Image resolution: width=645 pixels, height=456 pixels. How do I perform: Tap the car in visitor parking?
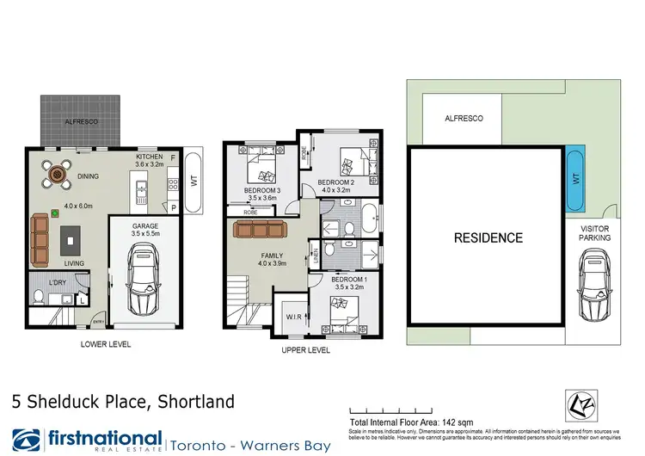coord(594,283)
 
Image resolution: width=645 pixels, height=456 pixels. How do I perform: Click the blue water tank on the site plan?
coord(574,181)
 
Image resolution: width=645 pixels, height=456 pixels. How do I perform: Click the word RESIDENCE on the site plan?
coord(488,237)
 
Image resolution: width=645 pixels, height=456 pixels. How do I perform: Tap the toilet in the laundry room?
coord(39,298)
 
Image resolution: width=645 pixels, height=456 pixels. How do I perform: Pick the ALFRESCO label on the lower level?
coord(82,123)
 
